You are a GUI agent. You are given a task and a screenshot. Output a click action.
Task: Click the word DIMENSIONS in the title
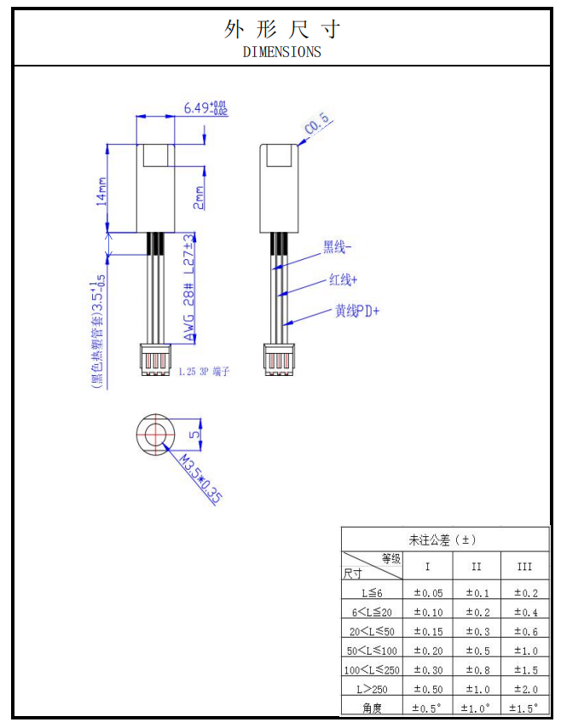(282, 51)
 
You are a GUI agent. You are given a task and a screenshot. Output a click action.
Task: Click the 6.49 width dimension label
(205, 107)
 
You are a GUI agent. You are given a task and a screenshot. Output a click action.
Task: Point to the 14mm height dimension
(101, 191)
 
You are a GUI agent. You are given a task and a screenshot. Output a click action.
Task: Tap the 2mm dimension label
(199, 198)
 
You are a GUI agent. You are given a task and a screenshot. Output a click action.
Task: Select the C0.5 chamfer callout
(317, 124)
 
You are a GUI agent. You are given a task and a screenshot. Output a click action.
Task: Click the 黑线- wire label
(337, 246)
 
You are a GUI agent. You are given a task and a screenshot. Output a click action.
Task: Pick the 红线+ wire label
(344, 280)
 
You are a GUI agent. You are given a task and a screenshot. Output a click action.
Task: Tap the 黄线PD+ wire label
(357, 310)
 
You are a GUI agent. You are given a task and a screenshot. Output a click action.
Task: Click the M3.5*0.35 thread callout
(200, 479)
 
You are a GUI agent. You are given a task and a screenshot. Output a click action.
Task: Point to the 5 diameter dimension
(194, 434)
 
